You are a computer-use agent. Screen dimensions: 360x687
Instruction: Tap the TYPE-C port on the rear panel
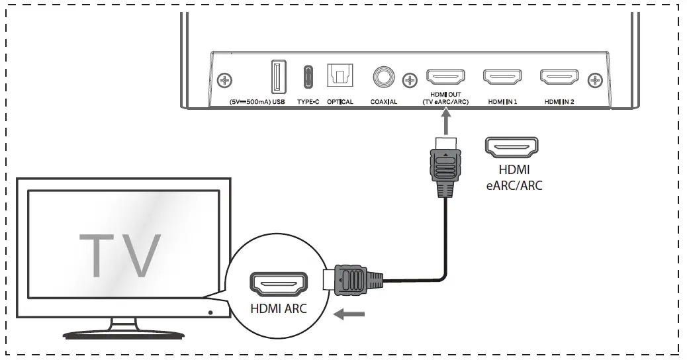[308, 77]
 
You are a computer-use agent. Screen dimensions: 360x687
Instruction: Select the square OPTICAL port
[340, 77]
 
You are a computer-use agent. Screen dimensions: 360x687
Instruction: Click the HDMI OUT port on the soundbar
[447, 78]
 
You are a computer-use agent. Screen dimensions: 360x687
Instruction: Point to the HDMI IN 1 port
[503, 78]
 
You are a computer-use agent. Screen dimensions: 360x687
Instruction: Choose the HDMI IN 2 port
[560, 78]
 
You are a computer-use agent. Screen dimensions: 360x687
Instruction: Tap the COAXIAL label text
[384, 102]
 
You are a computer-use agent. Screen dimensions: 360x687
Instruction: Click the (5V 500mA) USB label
[257, 102]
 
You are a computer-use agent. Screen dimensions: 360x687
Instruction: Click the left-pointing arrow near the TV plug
[349, 314]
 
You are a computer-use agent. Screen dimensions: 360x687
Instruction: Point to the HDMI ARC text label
[279, 308]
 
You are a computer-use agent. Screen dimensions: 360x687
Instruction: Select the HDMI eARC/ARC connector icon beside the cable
[512, 147]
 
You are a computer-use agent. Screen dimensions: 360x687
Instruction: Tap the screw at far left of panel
[226, 81]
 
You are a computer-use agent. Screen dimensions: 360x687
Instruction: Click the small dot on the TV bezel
[209, 311]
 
